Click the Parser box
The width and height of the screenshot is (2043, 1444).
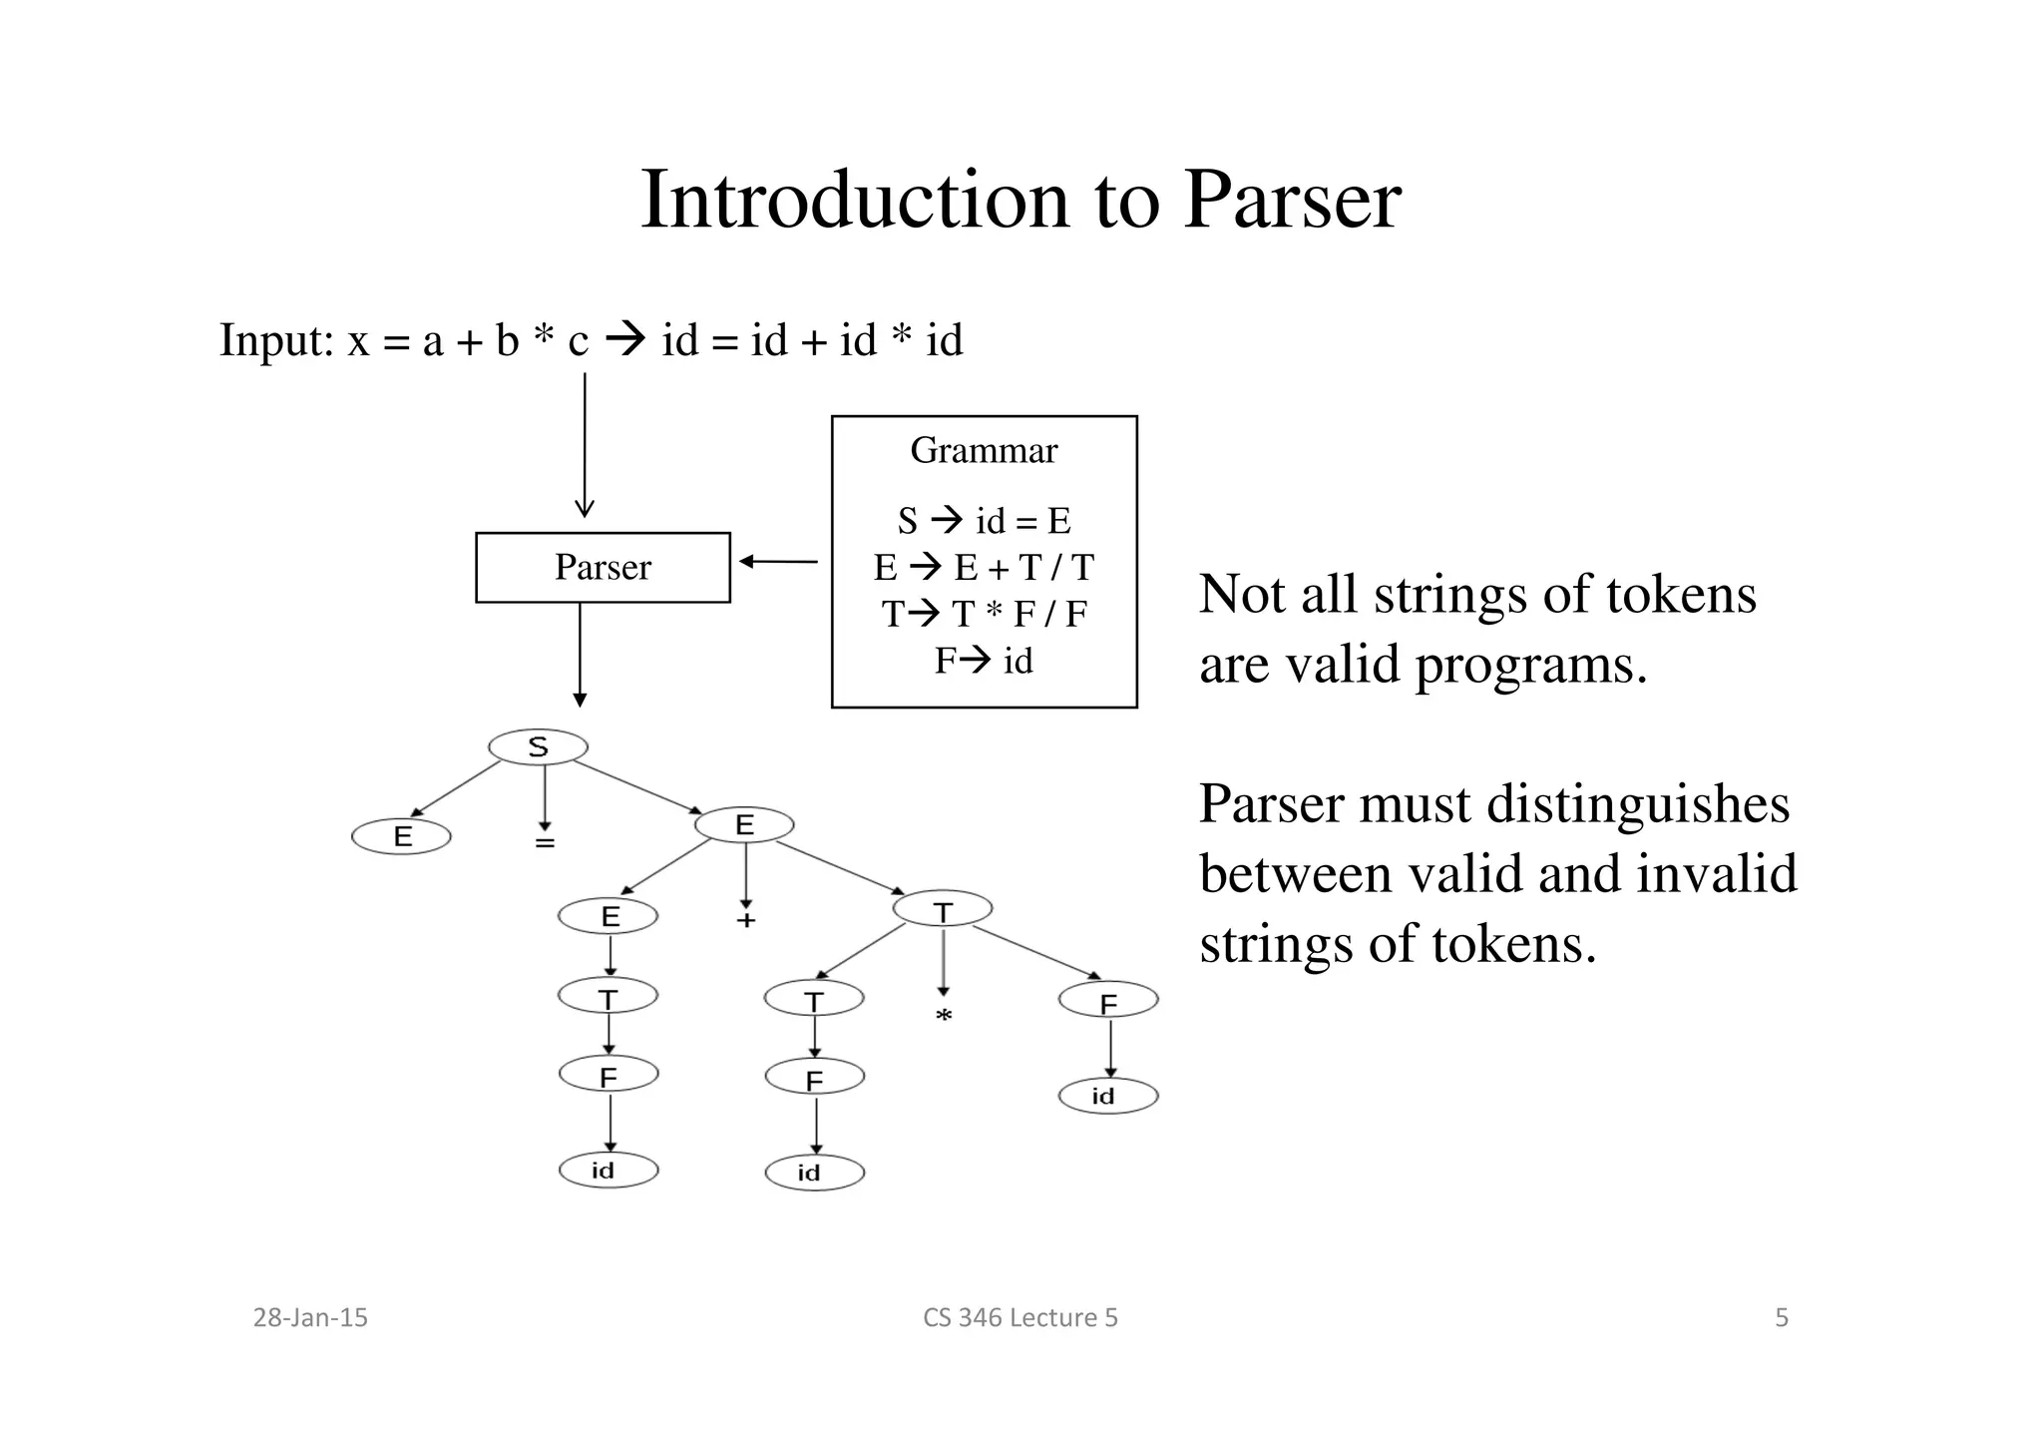(x=603, y=567)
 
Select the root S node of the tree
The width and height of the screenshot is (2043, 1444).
(x=538, y=746)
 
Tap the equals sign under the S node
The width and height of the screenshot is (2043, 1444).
(x=544, y=843)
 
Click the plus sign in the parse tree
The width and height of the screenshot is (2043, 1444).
(x=745, y=920)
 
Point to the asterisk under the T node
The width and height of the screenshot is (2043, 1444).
(x=943, y=1017)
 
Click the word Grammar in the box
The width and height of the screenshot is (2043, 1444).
(x=984, y=450)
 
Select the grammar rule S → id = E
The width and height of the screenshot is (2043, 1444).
(x=984, y=521)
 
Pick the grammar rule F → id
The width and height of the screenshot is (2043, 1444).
(x=984, y=661)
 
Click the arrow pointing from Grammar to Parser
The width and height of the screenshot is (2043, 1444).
(x=778, y=562)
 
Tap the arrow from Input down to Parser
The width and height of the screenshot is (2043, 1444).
(x=585, y=444)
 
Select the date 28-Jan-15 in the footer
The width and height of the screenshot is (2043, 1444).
(x=310, y=1317)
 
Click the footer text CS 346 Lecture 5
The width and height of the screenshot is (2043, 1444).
(x=1020, y=1317)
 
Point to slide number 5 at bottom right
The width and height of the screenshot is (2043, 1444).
(x=1781, y=1317)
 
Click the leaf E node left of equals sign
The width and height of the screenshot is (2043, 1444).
(x=401, y=836)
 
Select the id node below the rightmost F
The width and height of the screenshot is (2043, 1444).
(x=1107, y=1096)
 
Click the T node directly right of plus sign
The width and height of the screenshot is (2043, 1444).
(x=942, y=909)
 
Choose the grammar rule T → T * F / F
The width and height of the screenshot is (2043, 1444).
(x=984, y=614)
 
